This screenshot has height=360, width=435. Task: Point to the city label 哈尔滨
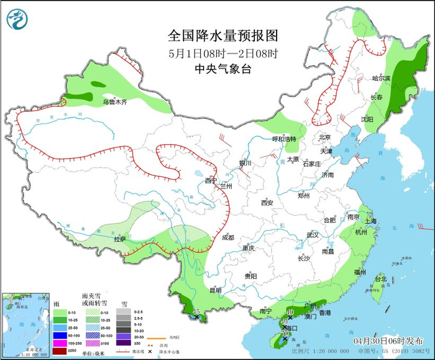[x=381, y=78]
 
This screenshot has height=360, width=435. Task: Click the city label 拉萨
[x=119, y=239]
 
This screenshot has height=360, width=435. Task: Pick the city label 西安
[x=267, y=203]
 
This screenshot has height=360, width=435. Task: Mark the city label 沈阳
[x=367, y=119]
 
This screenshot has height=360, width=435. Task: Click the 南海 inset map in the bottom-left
[x=26, y=325]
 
